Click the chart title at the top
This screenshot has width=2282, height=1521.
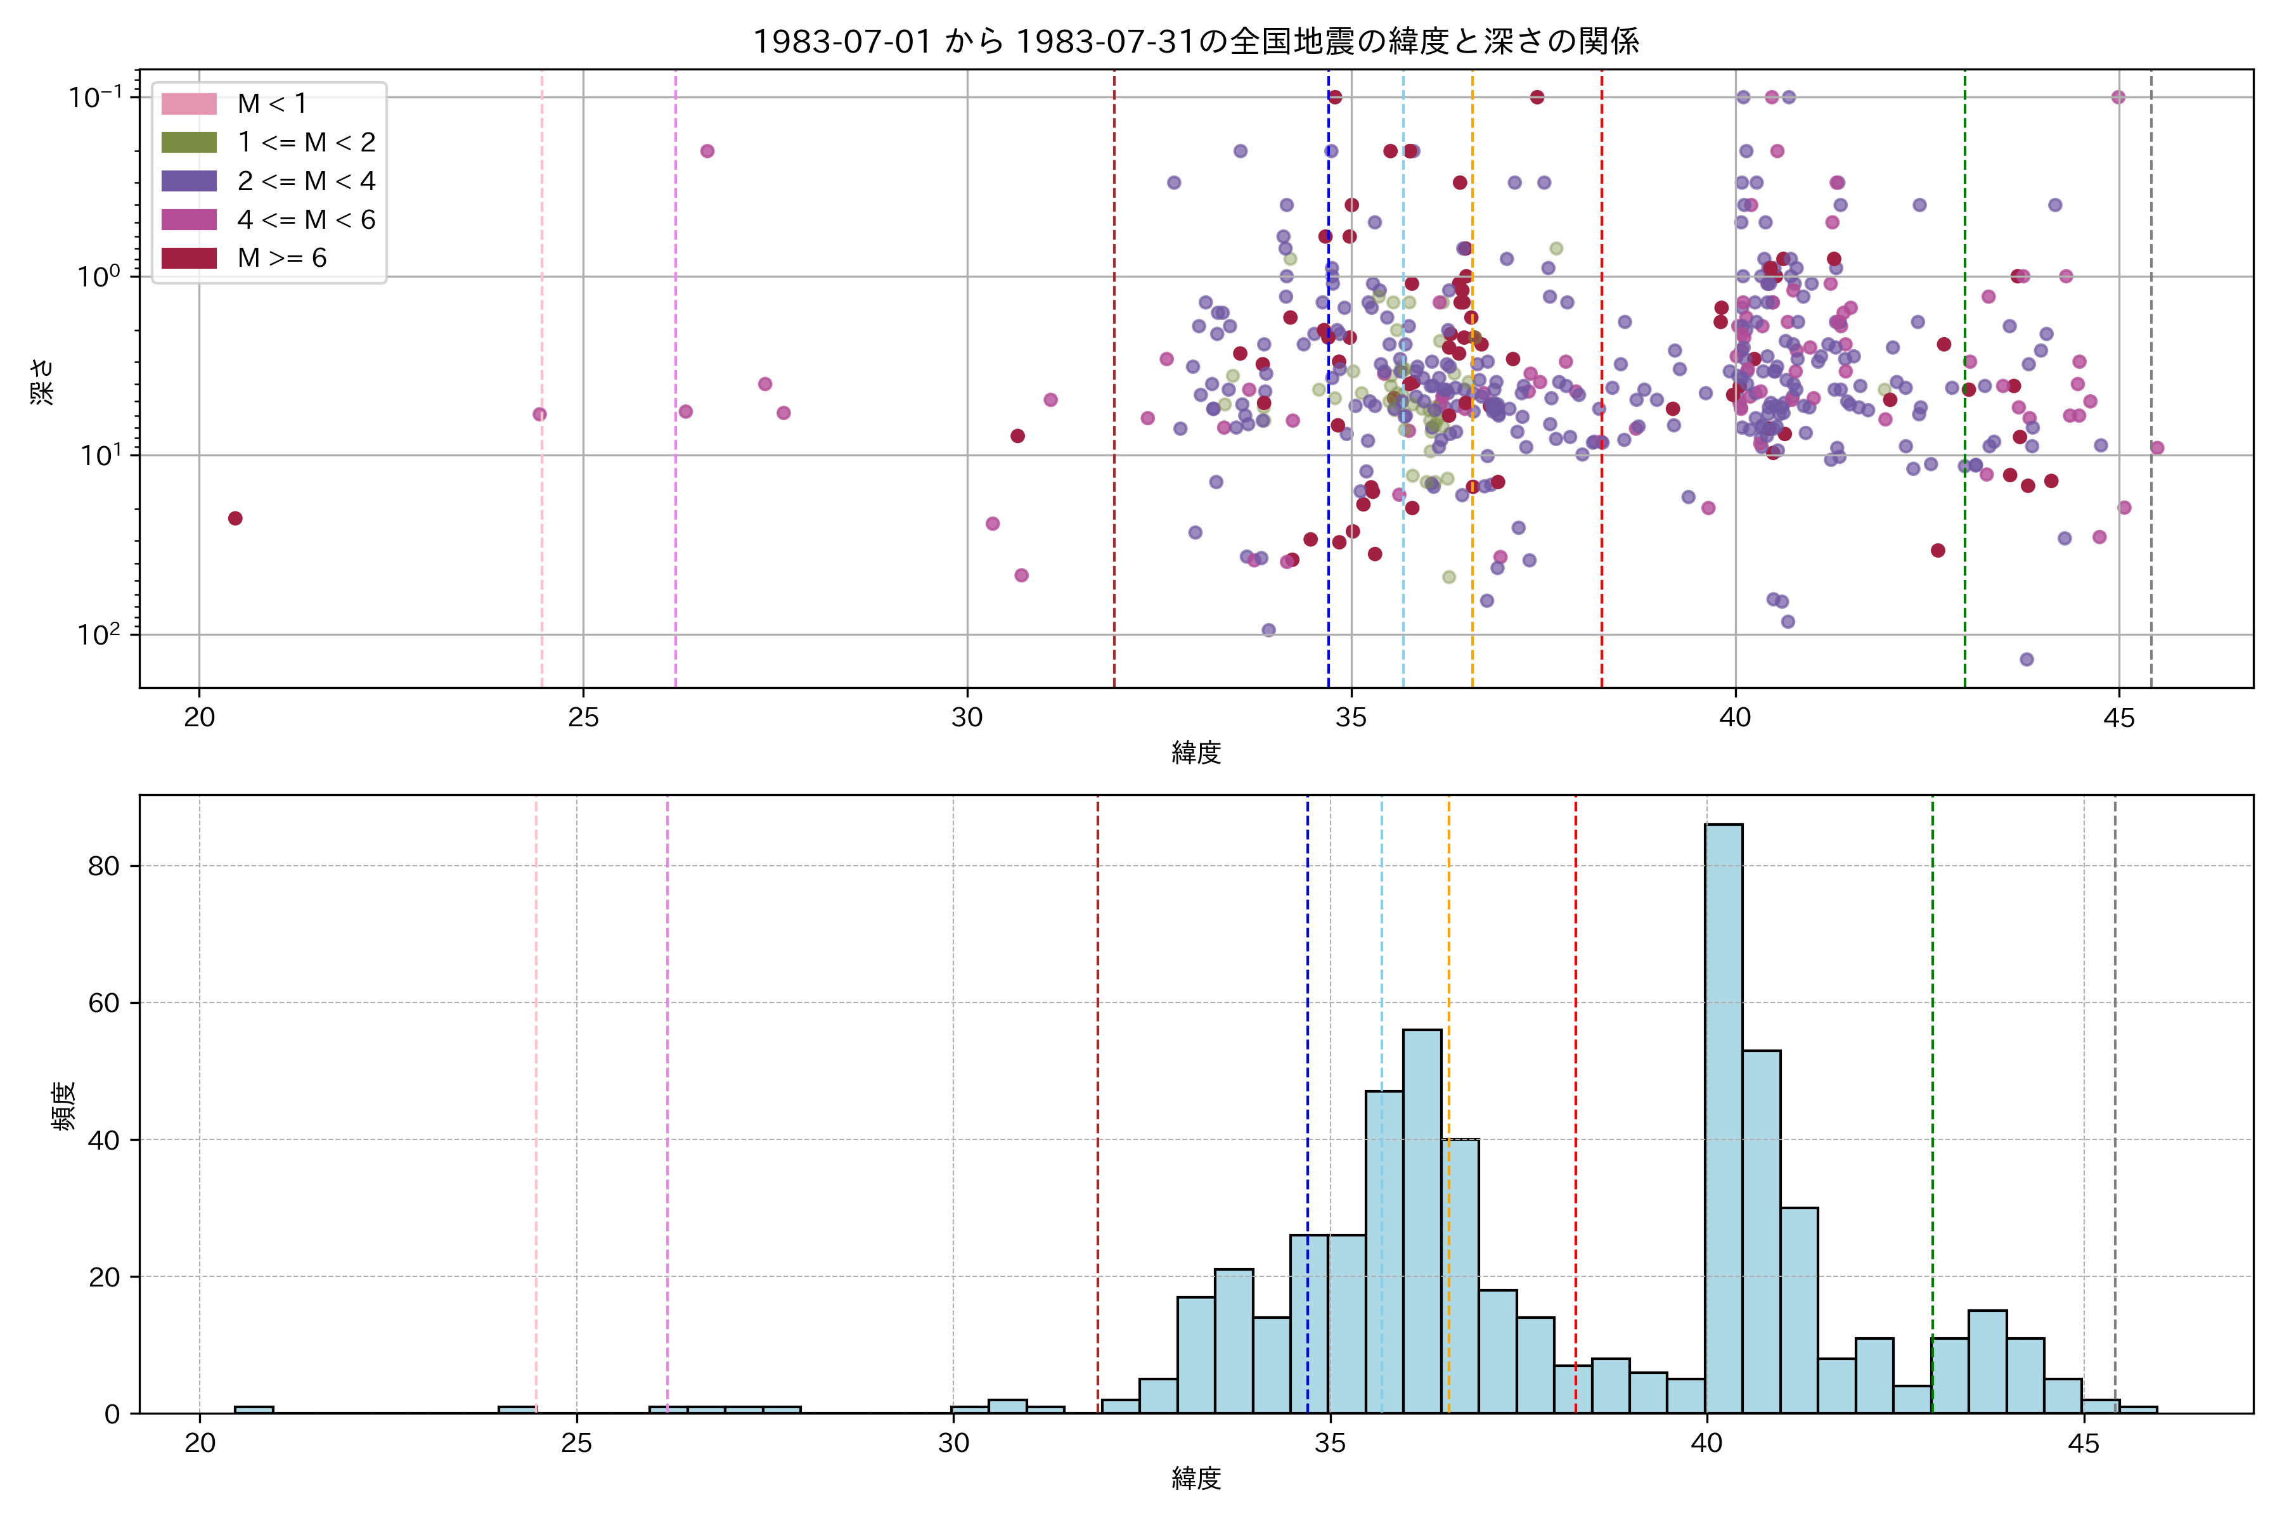pyautogui.click(x=1196, y=41)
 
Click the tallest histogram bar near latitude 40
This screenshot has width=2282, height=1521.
pyautogui.click(x=1723, y=1115)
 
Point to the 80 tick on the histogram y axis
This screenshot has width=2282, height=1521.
pyautogui.click(x=104, y=866)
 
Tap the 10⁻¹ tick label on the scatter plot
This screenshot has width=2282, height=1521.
pyautogui.click(x=96, y=97)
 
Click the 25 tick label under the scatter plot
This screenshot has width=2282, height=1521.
pyautogui.click(x=583, y=718)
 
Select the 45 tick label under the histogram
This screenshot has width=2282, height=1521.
pyautogui.click(x=2083, y=1444)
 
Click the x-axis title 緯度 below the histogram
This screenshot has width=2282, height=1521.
pyautogui.click(x=1196, y=1479)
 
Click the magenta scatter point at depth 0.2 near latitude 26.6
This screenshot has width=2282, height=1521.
pyautogui.click(x=707, y=151)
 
